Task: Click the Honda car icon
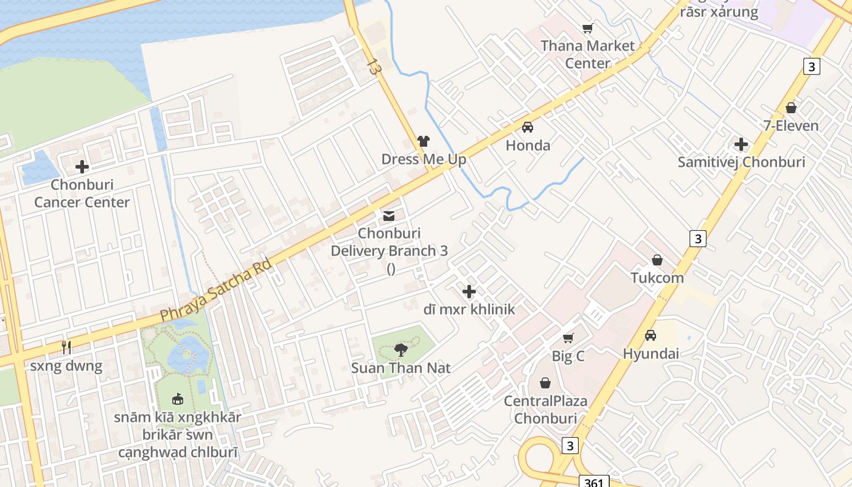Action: point(528,127)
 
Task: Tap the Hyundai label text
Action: point(651,354)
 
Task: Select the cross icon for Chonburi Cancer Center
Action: point(82,167)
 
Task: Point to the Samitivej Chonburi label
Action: point(741,163)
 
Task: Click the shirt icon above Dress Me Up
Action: point(424,141)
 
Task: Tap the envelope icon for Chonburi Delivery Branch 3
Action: point(389,215)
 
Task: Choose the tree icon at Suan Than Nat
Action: point(400,350)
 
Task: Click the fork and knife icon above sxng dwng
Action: point(66,348)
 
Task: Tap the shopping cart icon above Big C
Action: point(568,338)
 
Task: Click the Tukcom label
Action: point(657,278)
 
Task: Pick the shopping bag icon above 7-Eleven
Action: point(791,108)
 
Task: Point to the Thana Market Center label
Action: point(587,54)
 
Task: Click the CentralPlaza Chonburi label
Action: point(545,410)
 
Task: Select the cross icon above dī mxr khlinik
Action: point(469,292)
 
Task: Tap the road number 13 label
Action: point(374,67)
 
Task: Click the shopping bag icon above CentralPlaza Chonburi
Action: point(545,383)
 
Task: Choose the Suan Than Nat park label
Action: point(400,368)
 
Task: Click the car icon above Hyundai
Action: point(651,335)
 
